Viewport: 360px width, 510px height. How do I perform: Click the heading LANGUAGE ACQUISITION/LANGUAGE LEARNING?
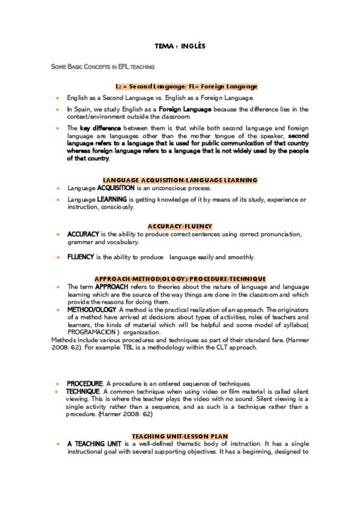coord(180,180)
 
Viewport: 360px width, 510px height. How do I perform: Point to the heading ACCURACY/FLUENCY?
coord(180,226)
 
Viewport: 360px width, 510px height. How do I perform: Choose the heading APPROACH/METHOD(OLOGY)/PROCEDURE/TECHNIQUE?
coord(180,279)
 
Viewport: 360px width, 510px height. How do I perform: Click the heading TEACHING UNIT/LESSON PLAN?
coord(180,435)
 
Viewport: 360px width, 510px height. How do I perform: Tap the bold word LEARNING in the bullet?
coord(111,199)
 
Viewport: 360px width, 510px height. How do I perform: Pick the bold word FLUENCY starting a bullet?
coord(81,257)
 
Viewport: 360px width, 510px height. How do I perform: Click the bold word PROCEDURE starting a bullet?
coord(85,383)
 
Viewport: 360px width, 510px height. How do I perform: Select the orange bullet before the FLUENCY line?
coord(58,257)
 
